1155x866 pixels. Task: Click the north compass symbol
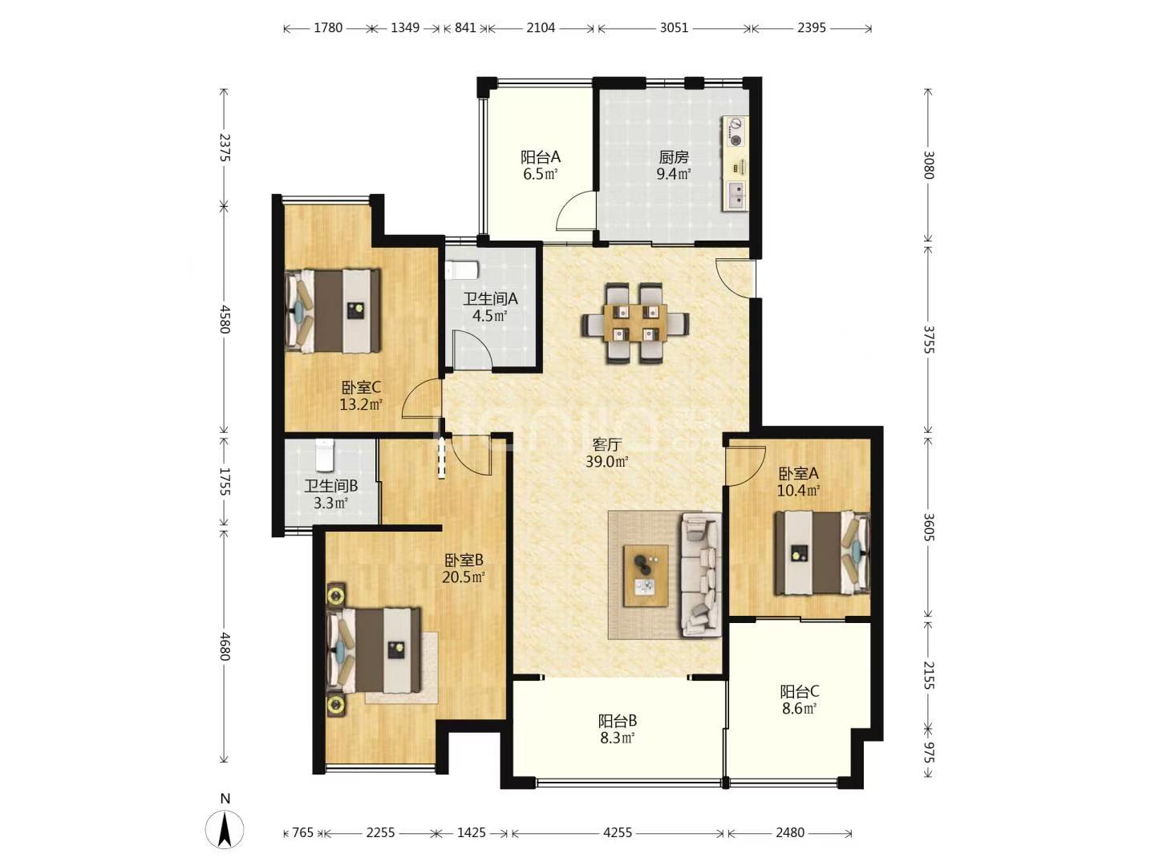[225, 829]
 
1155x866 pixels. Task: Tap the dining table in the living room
[635, 323]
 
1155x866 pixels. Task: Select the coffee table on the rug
[646, 575]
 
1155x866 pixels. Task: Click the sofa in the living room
[701, 575]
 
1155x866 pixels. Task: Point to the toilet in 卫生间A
[462, 270]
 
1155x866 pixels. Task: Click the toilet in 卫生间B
[325, 455]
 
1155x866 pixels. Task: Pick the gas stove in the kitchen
[735, 132]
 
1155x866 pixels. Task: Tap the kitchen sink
[736, 195]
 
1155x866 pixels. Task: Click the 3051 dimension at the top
[674, 27]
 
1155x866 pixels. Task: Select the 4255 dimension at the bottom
[618, 832]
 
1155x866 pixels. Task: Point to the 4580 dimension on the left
[225, 318]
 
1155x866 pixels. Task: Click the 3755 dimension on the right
[929, 339]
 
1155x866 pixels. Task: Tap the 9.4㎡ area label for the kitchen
[674, 173]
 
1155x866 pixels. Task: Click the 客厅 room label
[606, 445]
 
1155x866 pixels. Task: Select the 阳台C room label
[800, 691]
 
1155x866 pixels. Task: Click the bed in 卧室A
[822, 552]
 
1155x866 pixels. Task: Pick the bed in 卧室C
[332, 311]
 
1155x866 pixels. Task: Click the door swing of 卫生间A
[472, 351]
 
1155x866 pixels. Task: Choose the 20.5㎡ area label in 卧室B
[463, 577]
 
